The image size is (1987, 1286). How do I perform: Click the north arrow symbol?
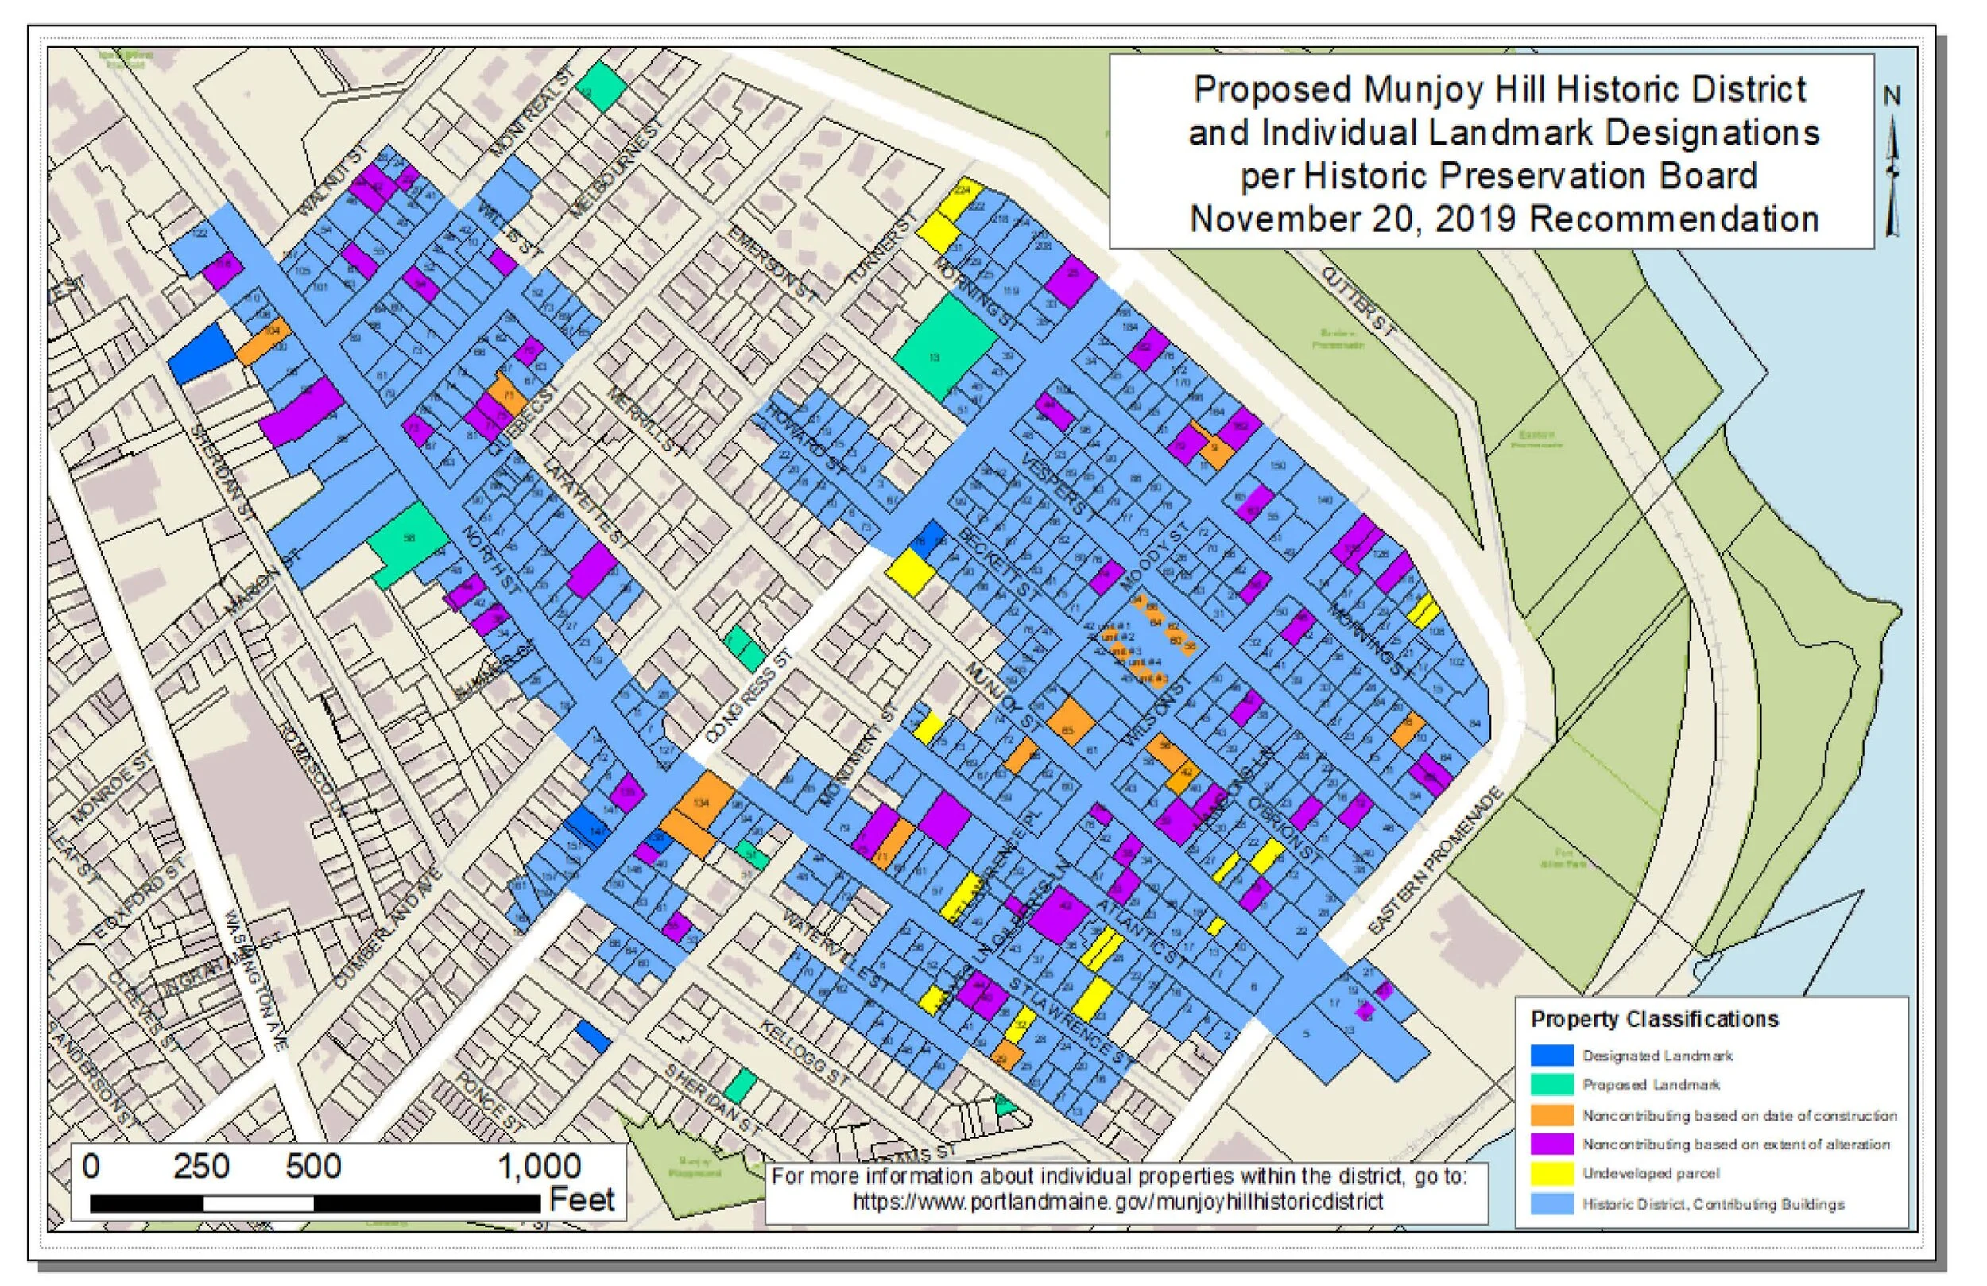[1892, 167]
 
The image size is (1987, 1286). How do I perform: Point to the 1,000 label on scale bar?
[540, 1167]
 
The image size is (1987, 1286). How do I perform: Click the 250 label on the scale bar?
[201, 1167]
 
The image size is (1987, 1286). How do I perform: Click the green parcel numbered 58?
[408, 539]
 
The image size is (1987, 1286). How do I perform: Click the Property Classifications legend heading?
[1654, 1020]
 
